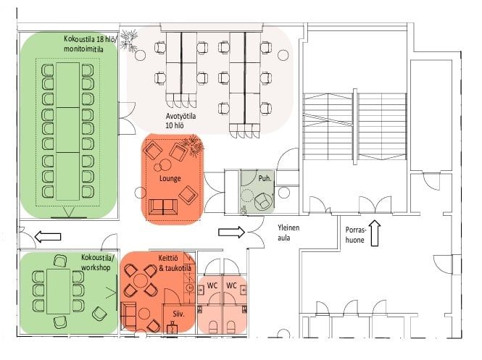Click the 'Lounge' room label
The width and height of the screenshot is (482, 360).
point(170,178)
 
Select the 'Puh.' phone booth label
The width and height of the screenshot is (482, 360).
point(265,178)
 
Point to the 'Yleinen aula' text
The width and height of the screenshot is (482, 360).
point(288,233)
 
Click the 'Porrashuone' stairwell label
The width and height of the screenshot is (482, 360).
point(356,235)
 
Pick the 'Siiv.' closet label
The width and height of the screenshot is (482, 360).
point(178,314)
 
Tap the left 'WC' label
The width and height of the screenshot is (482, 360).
point(212,285)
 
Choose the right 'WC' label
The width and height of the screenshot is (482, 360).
point(231,285)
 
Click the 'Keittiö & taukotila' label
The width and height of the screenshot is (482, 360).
point(175,263)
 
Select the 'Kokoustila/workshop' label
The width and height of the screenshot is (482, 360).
point(96,262)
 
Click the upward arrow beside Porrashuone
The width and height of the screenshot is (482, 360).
point(375,233)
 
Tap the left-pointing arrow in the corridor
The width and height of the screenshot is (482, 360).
point(48,237)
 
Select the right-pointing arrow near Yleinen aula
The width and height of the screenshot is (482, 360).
point(231,232)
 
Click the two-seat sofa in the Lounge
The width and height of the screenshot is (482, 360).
point(163,207)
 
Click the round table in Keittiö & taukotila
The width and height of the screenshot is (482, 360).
point(141,281)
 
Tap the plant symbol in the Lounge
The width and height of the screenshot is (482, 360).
point(193,146)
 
